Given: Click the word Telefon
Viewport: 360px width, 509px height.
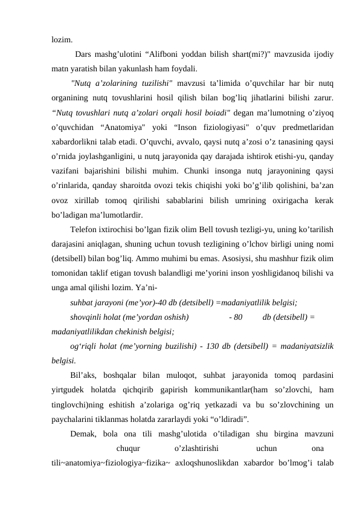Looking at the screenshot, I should pyautogui.click(x=84, y=230).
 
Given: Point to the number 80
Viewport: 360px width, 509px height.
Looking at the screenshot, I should pyautogui.click(x=237, y=317).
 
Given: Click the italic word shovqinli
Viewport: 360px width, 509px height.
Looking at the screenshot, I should pyautogui.click(x=86, y=317).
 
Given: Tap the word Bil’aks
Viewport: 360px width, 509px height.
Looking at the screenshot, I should pyautogui.click(x=84, y=375).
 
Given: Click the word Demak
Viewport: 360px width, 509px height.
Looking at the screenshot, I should pyautogui.click(x=83, y=434).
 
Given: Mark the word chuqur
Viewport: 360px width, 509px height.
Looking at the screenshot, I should pyautogui.click(x=128, y=449).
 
